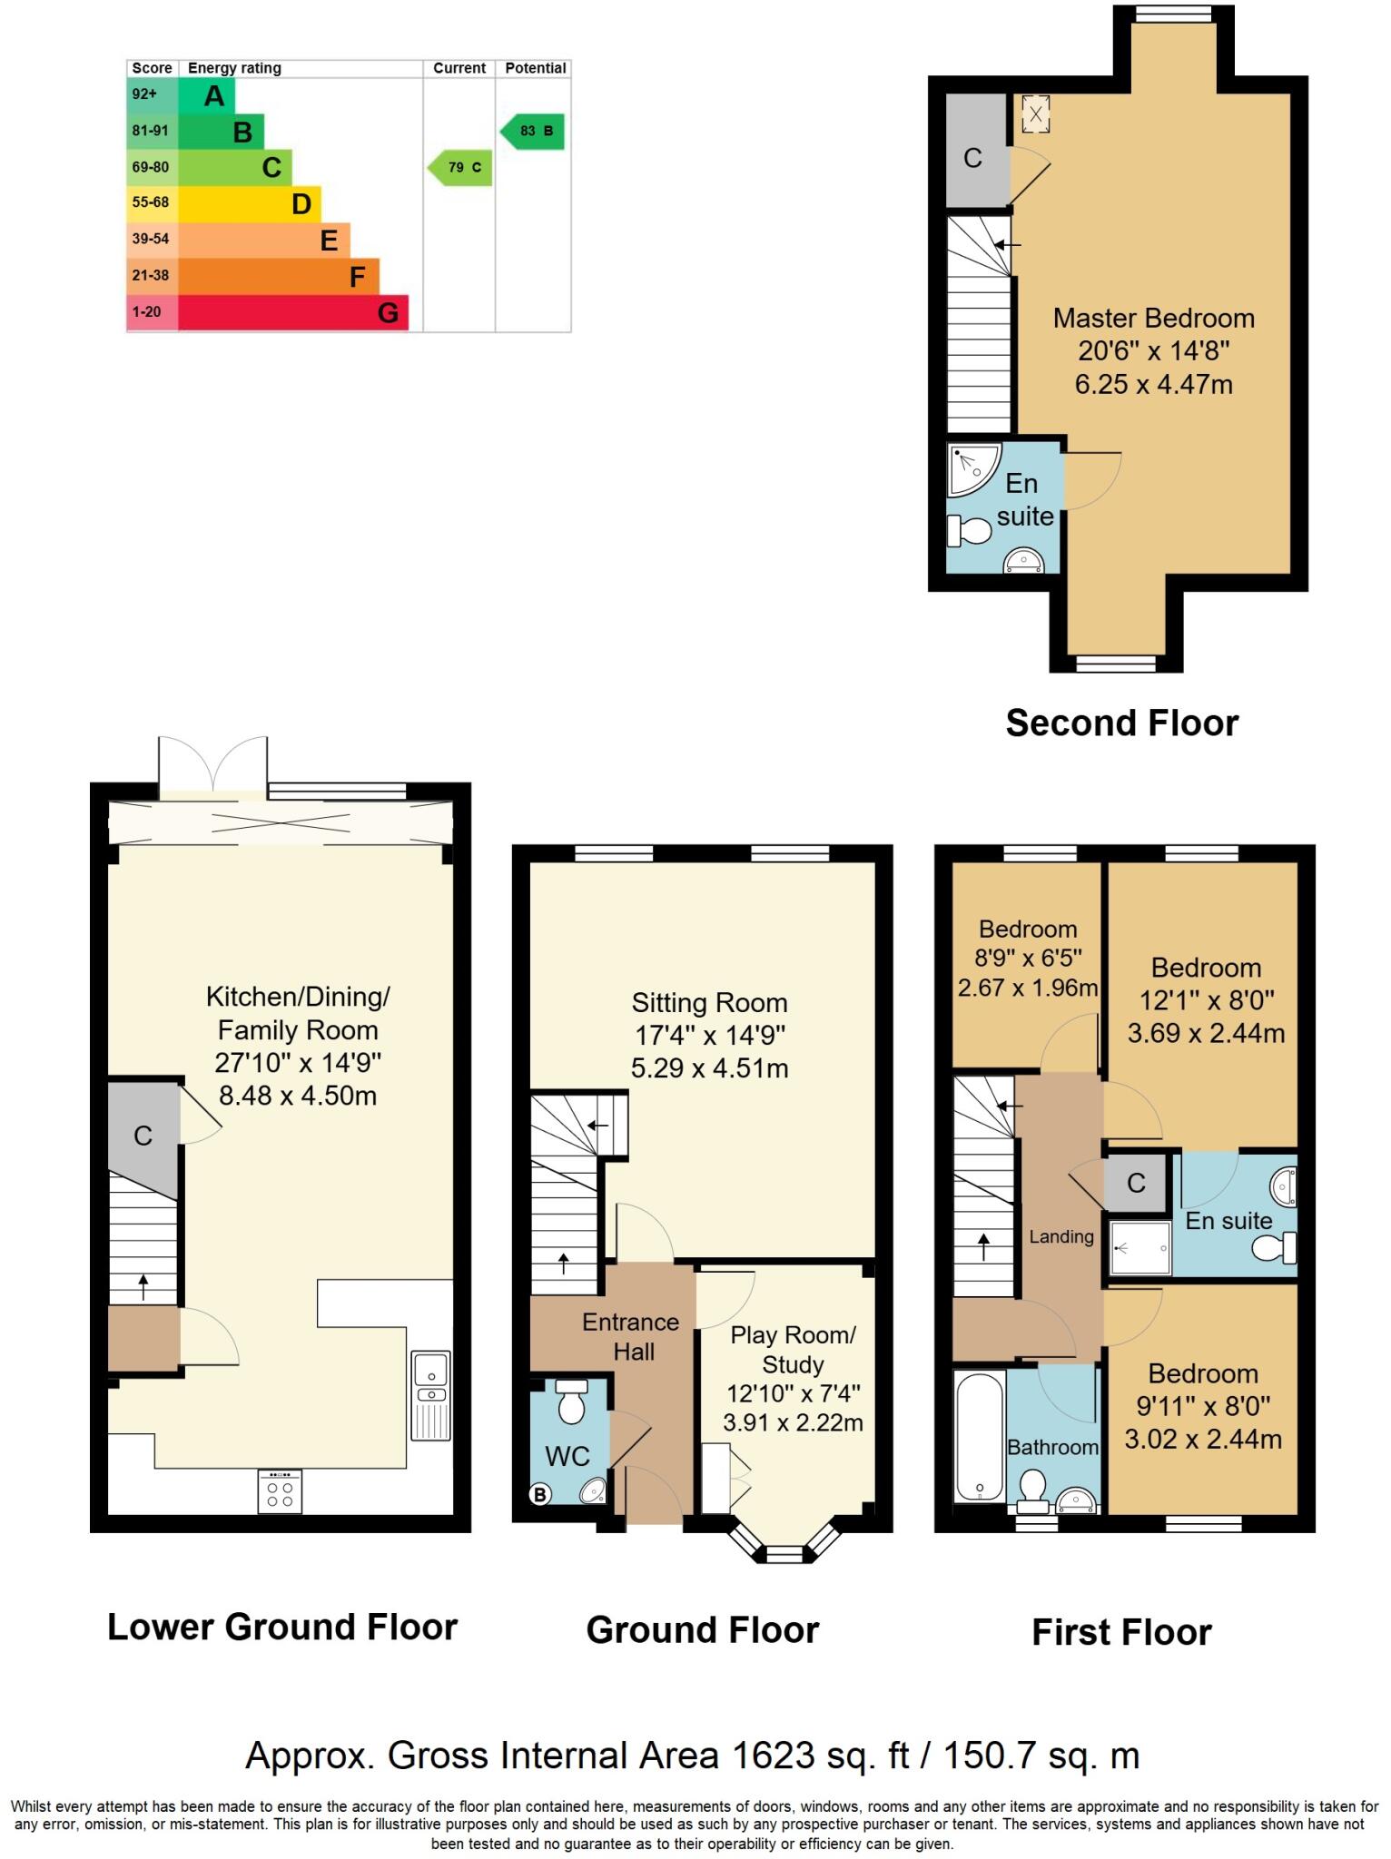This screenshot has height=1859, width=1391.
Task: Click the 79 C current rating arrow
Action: [x=460, y=168]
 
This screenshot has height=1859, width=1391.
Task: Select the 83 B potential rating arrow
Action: [x=534, y=132]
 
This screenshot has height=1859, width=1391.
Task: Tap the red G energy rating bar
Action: [x=292, y=313]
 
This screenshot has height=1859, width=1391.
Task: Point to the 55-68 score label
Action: [x=151, y=202]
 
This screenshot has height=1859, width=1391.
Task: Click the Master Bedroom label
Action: [x=1153, y=319]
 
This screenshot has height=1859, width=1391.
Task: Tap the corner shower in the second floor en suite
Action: [x=970, y=467]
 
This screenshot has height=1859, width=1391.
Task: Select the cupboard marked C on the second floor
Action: [x=973, y=159]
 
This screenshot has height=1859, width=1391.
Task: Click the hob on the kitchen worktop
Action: [x=281, y=1490]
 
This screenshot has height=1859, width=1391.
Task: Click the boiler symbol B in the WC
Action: [x=539, y=1494]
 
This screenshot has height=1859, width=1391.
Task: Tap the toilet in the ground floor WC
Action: [x=571, y=1402]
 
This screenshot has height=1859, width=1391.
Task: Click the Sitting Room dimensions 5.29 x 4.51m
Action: [x=709, y=1068]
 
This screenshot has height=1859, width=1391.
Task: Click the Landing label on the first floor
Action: [x=1061, y=1236]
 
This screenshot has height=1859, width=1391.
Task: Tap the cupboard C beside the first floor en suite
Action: [x=1136, y=1184]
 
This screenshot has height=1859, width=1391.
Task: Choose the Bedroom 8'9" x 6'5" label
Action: [x=1028, y=929]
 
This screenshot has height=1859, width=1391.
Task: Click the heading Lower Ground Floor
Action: [x=282, y=1628]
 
